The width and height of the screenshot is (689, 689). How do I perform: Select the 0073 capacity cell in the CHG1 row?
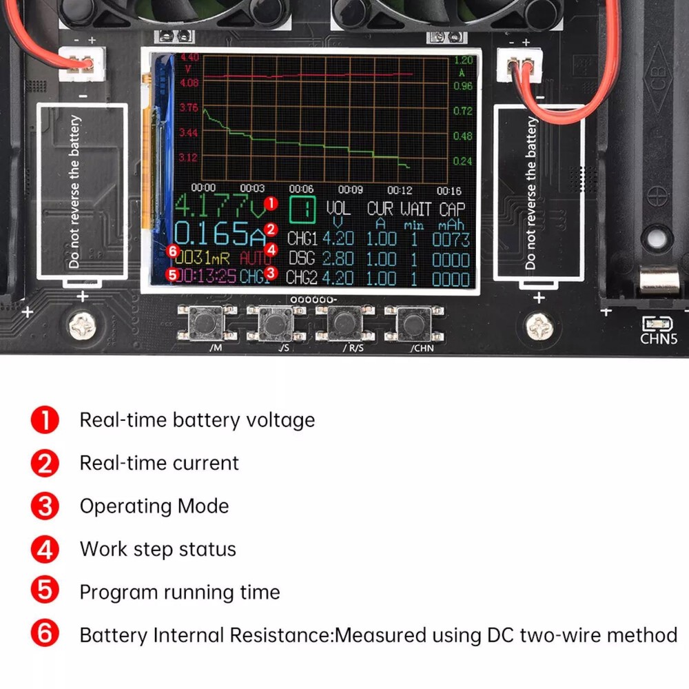(x=451, y=240)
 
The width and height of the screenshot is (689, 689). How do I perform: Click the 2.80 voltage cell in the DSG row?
(x=338, y=260)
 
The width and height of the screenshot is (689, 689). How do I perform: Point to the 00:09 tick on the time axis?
(x=350, y=189)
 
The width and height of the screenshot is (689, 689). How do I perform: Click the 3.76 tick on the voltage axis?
(x=188, y=108)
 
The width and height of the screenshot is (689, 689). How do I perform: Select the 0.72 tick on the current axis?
(x=463, y=110)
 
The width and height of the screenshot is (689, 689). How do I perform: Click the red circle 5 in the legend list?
(x=45, y=592)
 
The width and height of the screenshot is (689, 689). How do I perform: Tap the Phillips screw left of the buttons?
(x=81, y=325)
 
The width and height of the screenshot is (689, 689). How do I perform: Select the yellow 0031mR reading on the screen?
(x=201, y=259)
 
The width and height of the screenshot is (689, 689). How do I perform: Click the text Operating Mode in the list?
(x=154, y=506)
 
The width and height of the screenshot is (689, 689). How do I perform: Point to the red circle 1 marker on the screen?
(x=271, y=203)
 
